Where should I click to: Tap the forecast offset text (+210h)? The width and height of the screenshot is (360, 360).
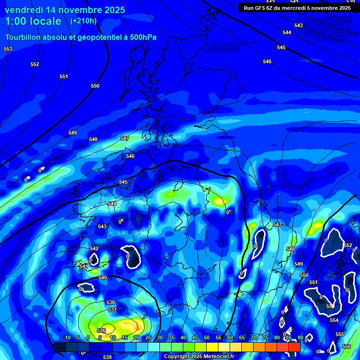point(83,21)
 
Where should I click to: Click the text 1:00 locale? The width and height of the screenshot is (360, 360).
point(33,21)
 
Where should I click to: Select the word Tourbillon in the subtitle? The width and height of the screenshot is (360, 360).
point(22,37)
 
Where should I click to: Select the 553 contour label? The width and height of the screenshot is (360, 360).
point(8,49)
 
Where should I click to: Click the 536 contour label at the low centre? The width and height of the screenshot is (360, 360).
point(101,330)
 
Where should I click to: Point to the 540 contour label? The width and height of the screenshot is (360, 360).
point(103,277)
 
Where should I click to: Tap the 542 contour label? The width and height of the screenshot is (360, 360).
point(94,248)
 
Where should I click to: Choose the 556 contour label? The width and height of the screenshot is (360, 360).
point(346,346)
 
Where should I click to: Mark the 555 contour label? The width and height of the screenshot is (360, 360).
point(339,334)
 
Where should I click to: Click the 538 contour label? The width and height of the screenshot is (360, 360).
point(111,302)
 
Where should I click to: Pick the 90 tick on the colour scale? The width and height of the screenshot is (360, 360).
point(300,337)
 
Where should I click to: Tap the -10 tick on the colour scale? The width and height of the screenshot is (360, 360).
point(67,337)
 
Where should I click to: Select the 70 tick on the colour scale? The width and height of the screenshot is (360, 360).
point(253,337)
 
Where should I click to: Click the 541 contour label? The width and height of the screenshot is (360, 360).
point(84,266)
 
